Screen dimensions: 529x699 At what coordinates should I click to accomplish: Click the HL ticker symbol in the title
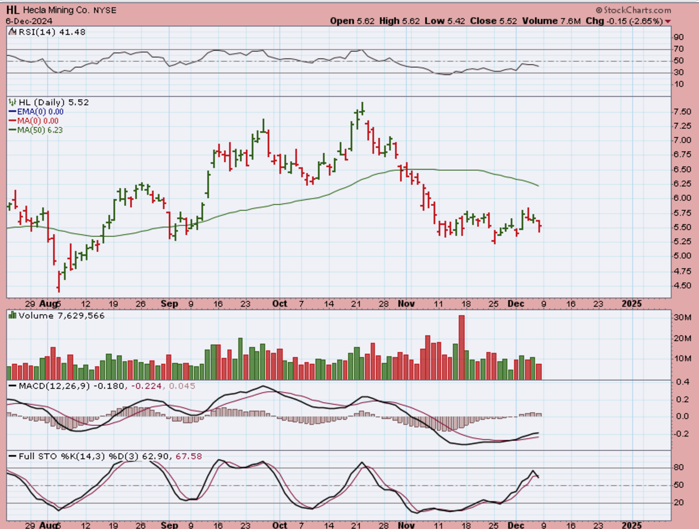tap(13, 10)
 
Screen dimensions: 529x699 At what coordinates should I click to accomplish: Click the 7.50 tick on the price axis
tap(680, 112)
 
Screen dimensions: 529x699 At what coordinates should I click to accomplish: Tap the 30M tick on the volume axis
tap(681, 318)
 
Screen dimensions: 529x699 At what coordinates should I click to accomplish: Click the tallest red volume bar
tap(462, 347)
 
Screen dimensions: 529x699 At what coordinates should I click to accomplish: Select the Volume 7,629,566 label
tap(56, 315)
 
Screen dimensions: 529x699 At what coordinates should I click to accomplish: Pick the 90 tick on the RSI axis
tap(678, 37)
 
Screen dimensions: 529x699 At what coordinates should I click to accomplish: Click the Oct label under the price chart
tap(279, 304)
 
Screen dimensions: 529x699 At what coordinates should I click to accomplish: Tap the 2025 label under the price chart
tap(632, 304)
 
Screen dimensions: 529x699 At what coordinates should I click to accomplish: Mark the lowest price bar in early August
tap(59, 282)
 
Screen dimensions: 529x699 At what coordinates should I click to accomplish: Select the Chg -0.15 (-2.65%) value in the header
tap(634, 21)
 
